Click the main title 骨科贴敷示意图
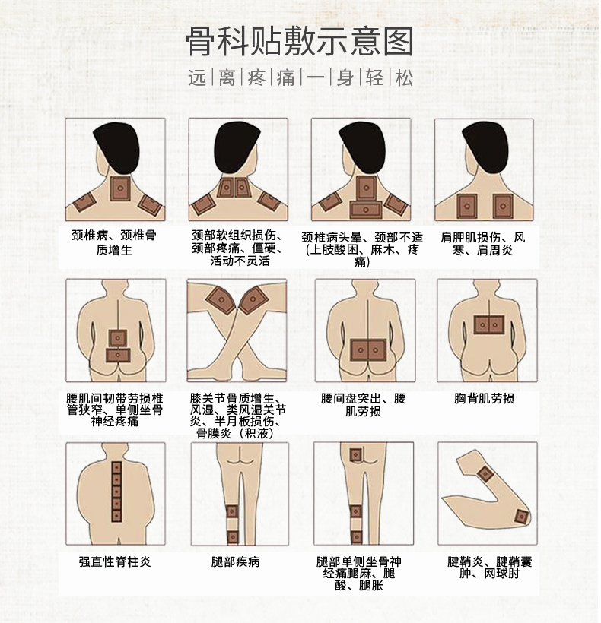[300, 42]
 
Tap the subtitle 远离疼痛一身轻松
[300, 78]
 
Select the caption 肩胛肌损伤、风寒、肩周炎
[483, 243]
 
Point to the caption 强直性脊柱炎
[115, 562]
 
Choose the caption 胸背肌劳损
[484, 398]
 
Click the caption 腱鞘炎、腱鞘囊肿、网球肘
[484, 568]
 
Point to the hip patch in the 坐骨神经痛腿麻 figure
[355, 454]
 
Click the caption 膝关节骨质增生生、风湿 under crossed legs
[237, 416]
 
